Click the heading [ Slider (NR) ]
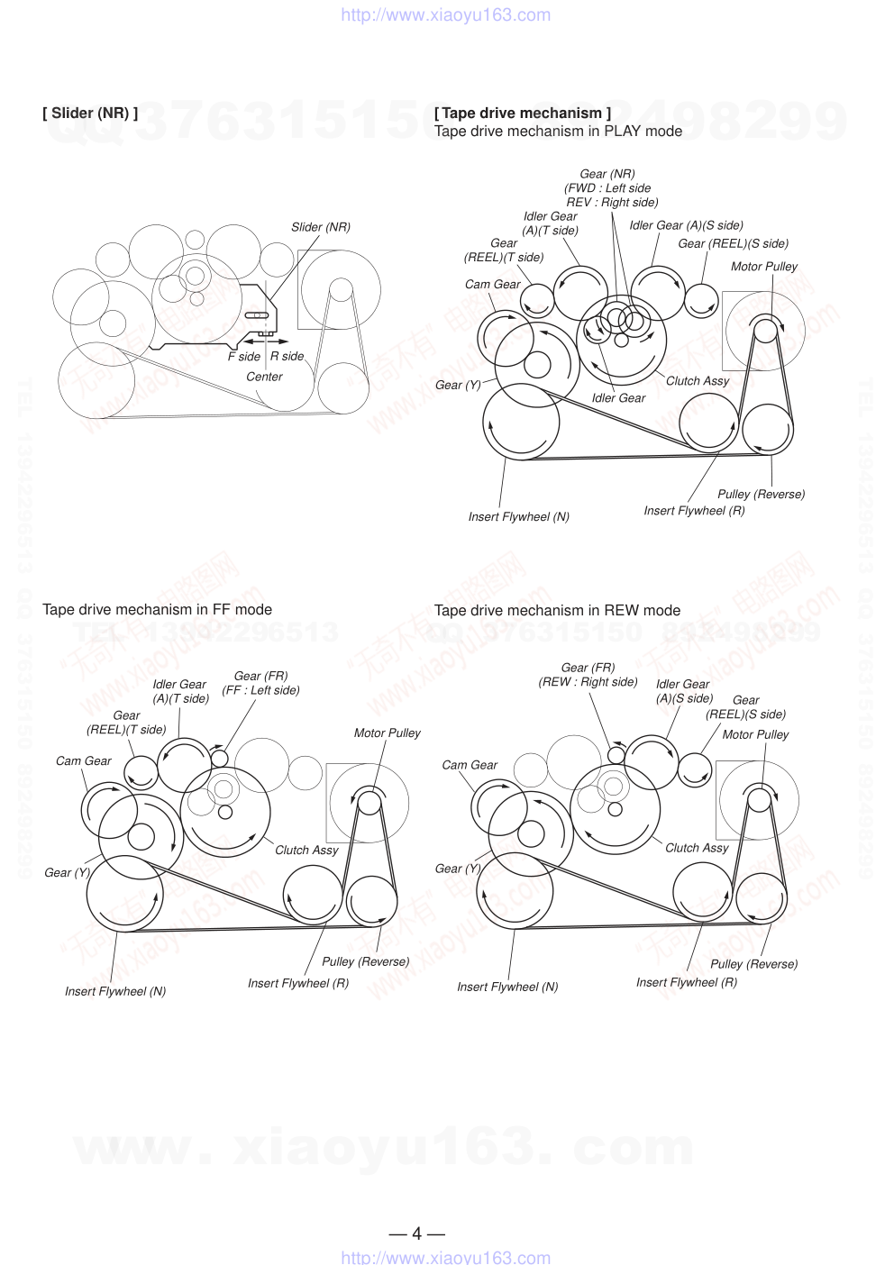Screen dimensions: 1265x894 90,113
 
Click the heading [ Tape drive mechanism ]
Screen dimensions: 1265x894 522,113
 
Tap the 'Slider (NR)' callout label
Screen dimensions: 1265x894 320,227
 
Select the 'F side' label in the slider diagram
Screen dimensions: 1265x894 243,357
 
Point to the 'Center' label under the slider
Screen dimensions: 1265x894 264,377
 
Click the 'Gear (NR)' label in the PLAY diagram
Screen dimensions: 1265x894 607,174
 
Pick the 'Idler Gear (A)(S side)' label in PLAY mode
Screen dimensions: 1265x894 686,225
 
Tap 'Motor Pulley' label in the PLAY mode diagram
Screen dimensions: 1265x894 763,267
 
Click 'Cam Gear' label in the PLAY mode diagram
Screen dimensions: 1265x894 492,284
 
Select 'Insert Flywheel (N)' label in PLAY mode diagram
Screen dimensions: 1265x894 518,516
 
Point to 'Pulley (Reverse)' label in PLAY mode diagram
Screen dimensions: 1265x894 761,494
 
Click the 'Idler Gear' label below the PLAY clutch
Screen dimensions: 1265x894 618,397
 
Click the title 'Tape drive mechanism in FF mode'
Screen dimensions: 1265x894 157,609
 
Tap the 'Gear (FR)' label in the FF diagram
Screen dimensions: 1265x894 260,676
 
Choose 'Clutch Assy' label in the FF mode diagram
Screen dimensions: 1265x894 306,850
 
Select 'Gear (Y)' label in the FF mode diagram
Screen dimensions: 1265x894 68,872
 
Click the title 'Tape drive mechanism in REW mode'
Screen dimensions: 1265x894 557,610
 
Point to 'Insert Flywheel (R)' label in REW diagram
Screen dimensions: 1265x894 686,982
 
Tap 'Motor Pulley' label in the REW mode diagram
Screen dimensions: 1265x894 755,734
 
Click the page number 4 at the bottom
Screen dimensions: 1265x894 416,1233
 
